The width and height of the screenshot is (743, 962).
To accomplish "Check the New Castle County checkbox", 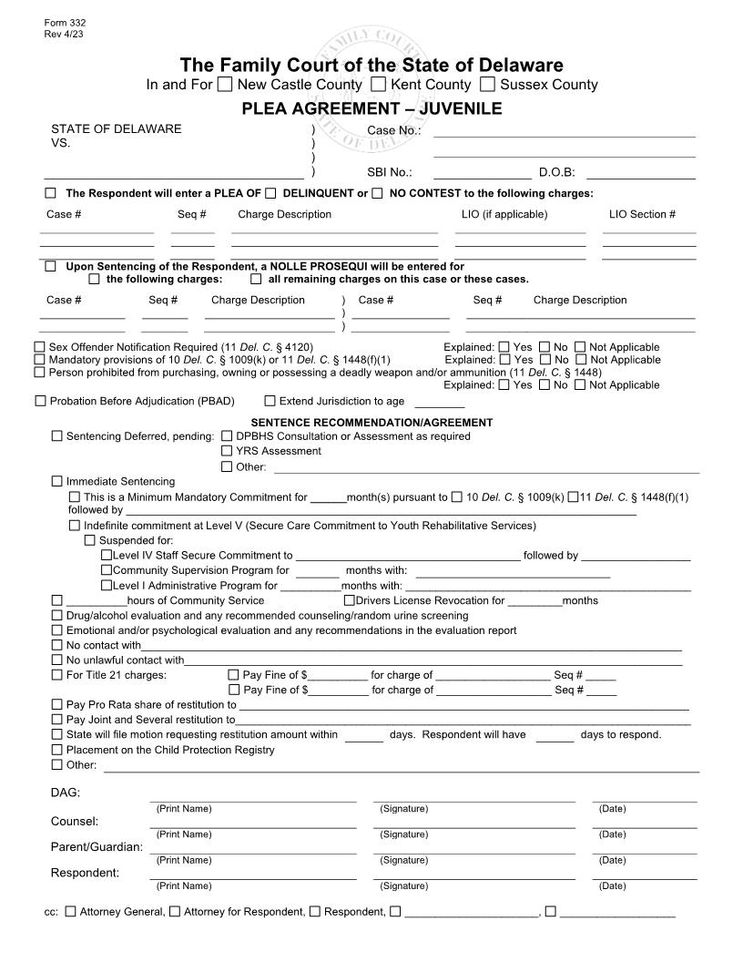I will (225, 85).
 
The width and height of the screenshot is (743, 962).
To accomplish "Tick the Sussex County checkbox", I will (488, 85).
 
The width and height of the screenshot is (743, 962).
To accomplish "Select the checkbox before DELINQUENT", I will (270, 193).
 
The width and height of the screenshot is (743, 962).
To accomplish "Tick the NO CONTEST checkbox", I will (377, 193).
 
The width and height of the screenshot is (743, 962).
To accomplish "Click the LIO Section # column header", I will (642, 215).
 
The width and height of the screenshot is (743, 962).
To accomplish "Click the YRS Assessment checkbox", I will (227, 451).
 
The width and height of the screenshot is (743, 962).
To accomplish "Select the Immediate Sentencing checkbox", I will (57, 481).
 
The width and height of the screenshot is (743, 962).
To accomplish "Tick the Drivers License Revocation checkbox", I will (349, 600).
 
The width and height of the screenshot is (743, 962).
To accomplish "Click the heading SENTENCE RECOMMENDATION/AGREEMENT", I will (371, 423).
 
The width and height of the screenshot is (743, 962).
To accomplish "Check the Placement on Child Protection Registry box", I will (57, 750).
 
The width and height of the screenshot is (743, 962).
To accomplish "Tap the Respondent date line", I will (644, 876).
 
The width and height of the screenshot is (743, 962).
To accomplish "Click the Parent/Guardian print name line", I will (252, 851).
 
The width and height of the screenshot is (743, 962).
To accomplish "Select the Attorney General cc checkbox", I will (71, 911).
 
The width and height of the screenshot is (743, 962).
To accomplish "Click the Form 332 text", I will (58, 22).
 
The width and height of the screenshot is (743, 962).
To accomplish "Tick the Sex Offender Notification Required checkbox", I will (39, 347).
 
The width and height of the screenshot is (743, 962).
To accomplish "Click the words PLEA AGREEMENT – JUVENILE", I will (371, 108).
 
